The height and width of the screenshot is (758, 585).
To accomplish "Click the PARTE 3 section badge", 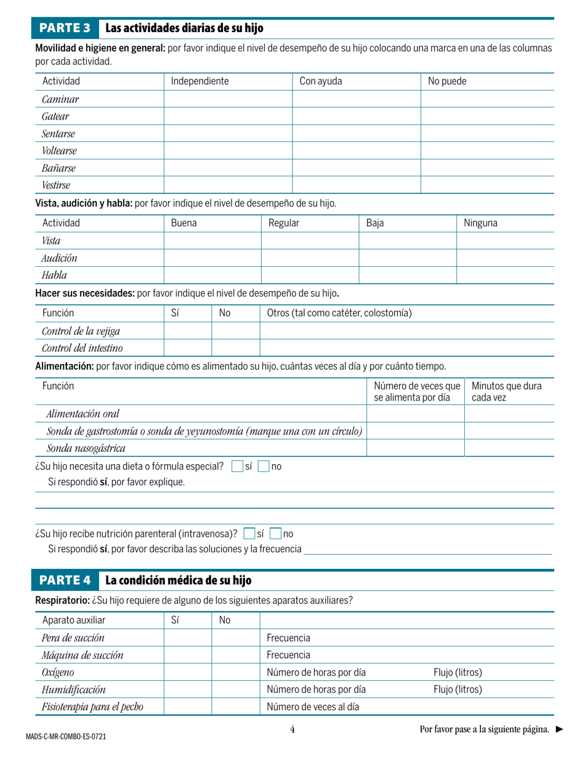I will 65,28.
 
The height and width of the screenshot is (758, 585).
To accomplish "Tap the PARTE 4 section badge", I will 65,581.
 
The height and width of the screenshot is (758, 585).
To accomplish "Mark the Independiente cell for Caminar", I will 227,99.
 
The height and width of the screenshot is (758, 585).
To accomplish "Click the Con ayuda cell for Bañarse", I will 356,168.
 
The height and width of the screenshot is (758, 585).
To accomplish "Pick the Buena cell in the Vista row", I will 212,241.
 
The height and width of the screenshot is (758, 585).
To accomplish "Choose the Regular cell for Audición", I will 310,258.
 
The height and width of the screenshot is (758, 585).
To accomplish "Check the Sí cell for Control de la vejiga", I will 188,331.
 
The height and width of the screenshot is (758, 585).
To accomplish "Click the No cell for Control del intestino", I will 236,348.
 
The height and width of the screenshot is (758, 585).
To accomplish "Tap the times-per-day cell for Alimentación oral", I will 415,414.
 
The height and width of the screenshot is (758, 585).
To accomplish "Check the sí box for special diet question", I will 237,467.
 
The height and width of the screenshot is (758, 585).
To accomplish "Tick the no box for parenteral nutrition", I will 276,533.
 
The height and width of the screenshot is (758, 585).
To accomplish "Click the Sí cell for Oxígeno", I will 188,672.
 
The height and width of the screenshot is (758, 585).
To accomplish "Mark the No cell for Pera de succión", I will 236,637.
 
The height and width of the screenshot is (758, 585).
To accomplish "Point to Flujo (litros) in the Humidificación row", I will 458,689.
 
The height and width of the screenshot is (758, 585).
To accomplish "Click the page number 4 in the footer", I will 292,730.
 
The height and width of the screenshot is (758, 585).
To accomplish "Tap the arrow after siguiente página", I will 559,730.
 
